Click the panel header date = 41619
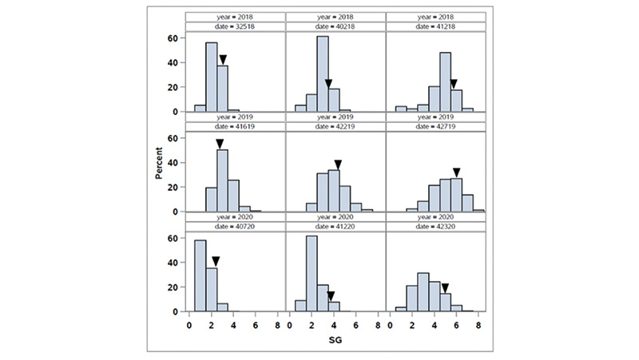(x=234, y=126)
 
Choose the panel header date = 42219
(x=334, y=126)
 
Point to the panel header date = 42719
(x=435, y=126)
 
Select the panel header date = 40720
(x=234, y=227)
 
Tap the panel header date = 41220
(x=334, y=227)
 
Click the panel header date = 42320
(x=435, y=227)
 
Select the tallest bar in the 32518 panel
(x=212, y=77)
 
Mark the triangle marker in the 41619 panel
(x=220, y=144)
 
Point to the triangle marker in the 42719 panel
(x=457, y=172)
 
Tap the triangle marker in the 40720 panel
(x=215, y=261)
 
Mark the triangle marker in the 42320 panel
(x=445, y=287)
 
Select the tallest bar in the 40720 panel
(x=200, y=275)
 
